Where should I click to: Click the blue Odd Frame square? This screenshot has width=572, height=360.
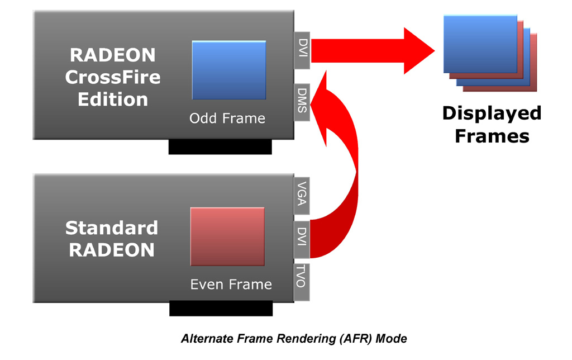pyautogui.click(x=228, y=70)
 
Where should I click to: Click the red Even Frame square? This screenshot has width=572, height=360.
pyautogui.click(x=227, y=236)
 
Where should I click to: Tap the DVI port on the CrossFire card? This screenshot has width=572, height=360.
pyautogui.click(x=302, y=50)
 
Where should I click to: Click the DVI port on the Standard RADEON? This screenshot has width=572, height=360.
pyautogui.click(x=302, y=239)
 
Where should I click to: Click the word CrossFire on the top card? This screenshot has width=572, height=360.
pyautogui.click(x=113, y=77)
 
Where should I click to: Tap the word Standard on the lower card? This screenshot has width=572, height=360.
pyautogui.click(x=112, y=228)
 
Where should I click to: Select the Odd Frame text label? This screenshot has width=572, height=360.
pyautogui.click(x=227, y=119)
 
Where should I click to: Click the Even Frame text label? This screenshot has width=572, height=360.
pyautogui.click(x=231, y=285)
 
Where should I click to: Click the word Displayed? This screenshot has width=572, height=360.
pyautogui.click(x=492, y=113)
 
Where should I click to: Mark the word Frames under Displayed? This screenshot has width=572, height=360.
pyautogui.click(x=492, y=136)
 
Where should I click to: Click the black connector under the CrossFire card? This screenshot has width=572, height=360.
pyautogui.click(x=220, y=147)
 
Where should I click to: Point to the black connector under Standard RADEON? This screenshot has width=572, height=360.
pyautogui.click(x=221, y=308)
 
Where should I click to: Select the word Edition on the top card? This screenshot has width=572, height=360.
pyautogui.click(x=113, y=99)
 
